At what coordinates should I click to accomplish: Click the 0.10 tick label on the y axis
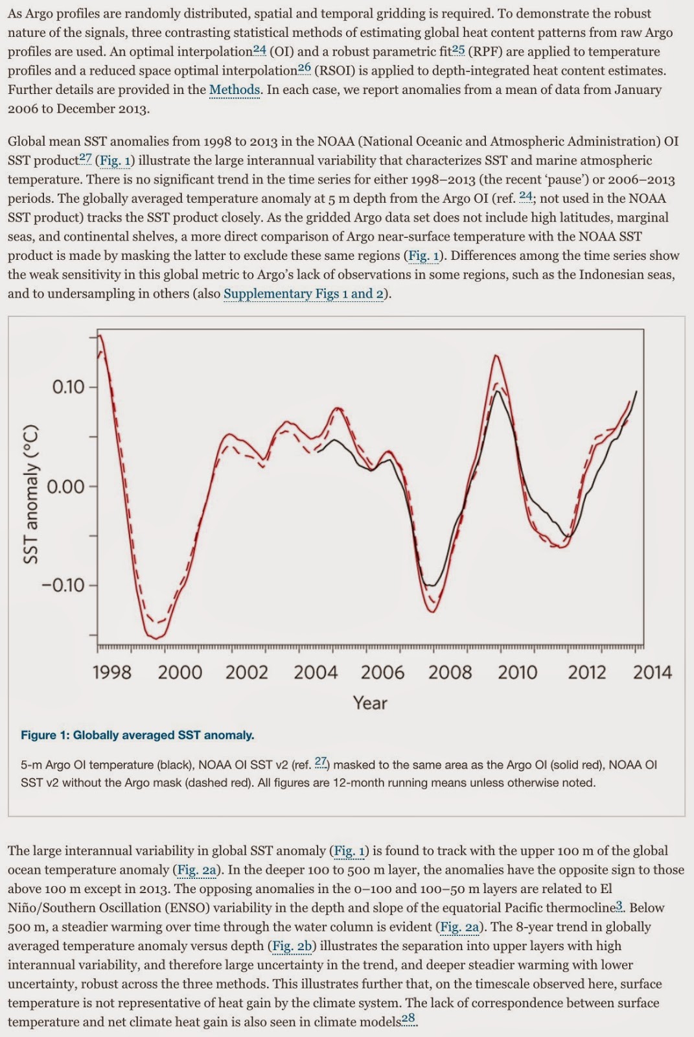pyautogui.click(x=68, y=387)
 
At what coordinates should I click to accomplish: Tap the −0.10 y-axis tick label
pyautogui.click(x=63, y=585)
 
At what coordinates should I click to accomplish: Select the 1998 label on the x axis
pyautogui.click(x=111, y=672)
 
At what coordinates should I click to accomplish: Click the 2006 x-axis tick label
pyautogui.click(x=382, y=672)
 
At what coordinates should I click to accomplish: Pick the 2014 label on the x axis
pyautogui.click(x=652, y=672)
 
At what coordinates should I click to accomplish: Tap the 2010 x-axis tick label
pyautogui.click(x=517, y=672)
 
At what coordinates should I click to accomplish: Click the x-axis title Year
pyautogui.click(x=370, y=703)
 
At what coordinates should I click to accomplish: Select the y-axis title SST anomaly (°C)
pyautogui.click(x=30, y=494)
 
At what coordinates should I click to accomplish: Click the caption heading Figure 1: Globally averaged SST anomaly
pyautogui.click(x=137, y=735)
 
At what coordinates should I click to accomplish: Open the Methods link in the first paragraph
pyautogui.click(x=235, y=89)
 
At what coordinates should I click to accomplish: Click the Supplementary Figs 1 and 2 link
pyautogui.click(x=303, y=294)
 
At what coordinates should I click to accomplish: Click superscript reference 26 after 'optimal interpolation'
pyautogui.click(x=304, y=67)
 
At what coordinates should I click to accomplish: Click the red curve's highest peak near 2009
pyautogui.click(x=496, y=355)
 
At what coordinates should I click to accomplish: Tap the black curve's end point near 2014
pyautogui.click(x=636, y=391)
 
